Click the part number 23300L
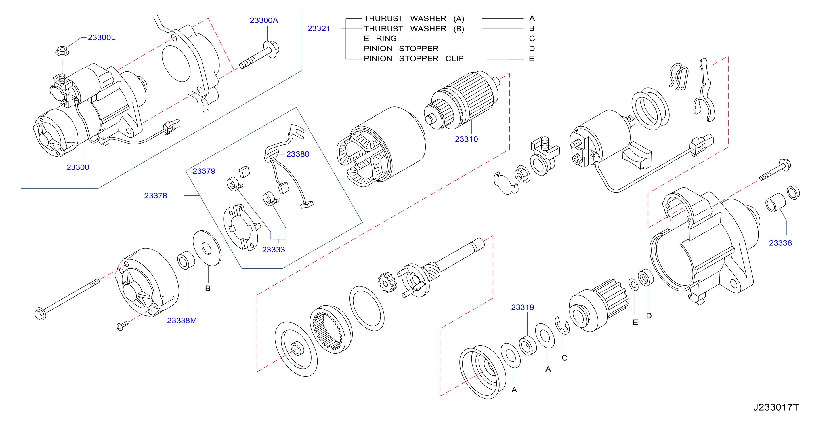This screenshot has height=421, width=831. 101,37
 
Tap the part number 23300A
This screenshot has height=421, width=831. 264,20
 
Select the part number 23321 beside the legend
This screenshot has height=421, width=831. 318,28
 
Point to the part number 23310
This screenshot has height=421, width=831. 466,139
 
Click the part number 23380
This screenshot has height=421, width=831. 297,154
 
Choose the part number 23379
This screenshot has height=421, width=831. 203,171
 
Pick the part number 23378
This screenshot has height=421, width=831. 156,196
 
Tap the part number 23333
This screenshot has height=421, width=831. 273,249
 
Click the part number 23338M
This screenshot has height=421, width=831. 182,320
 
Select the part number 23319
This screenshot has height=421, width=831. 522,307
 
